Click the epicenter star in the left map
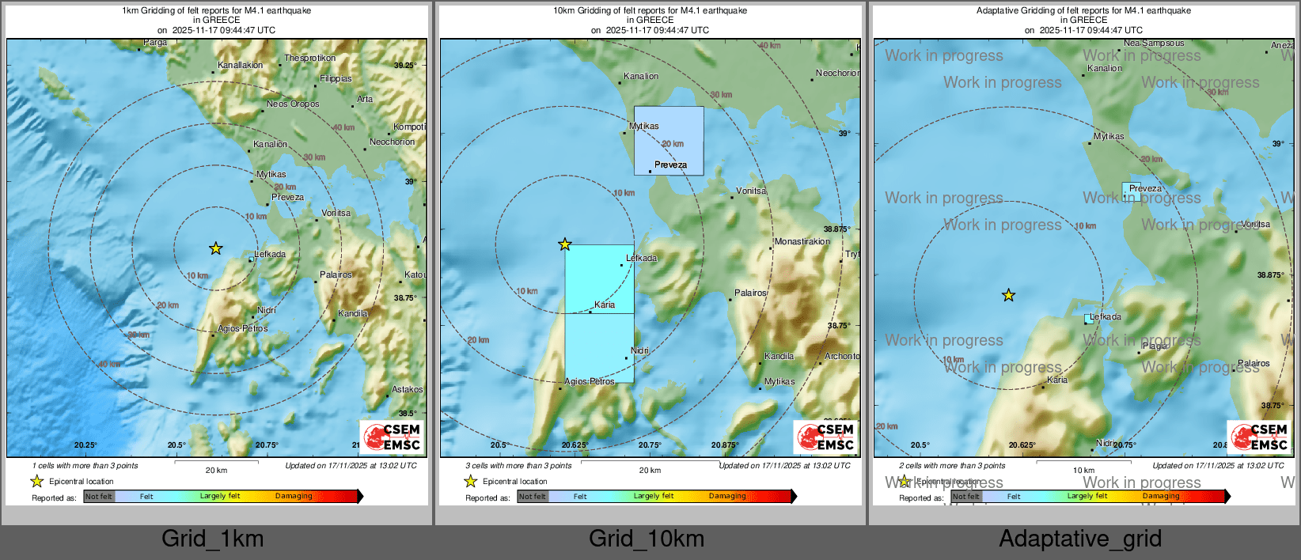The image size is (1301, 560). click(x=216, y=248)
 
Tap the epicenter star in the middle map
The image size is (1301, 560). click(x=564, y=244)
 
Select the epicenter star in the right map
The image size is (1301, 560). click(x=1008, y=296)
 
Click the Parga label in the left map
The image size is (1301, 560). click(x=155, y=43)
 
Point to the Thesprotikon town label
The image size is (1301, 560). click(x=309, y=58)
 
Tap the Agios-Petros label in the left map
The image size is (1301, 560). click(x=242, y=328)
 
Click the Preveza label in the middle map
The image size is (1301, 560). click(x=670, y=165)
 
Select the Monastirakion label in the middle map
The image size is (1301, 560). click(x=802, y=241)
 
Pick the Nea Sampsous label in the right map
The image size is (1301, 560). click(x=1154, y=44)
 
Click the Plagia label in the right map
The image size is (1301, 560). click(x=1155, y=346)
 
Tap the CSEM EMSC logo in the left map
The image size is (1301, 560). click(x=392, y=437)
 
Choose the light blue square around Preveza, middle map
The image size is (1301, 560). click(x=669, y=140)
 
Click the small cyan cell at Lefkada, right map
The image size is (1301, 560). click(x=1089, y=319)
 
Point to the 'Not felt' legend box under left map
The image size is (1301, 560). click(x=99, y=497)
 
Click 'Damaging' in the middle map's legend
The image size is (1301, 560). click(x=727, y=496)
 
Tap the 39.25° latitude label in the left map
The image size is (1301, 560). click(x=405, y=66)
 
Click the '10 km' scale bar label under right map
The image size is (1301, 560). click(x=1083, y=470)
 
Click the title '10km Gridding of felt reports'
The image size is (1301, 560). click(x=650, y=11)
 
